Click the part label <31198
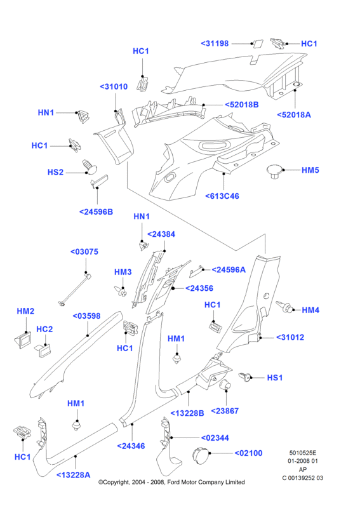[215, 43]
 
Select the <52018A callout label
[294, 115]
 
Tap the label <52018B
[242, 105]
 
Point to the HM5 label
[310, 170]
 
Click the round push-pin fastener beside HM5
[274, 171]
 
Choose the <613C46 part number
[222, 196]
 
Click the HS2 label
[55, 172]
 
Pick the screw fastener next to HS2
[90, 166]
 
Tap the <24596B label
[97, 212]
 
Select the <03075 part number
[84, 251]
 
